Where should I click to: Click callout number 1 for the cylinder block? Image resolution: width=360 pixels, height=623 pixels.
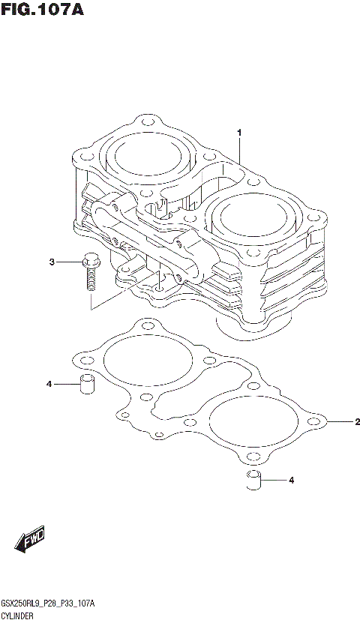(239, 133)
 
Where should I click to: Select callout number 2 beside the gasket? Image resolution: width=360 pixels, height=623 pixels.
(357, 422)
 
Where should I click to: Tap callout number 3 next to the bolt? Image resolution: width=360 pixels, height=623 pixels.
(52, 262)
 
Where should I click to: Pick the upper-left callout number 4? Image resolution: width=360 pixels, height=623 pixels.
(49, 385)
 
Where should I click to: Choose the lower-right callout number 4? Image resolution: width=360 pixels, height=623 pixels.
(292, 480)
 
